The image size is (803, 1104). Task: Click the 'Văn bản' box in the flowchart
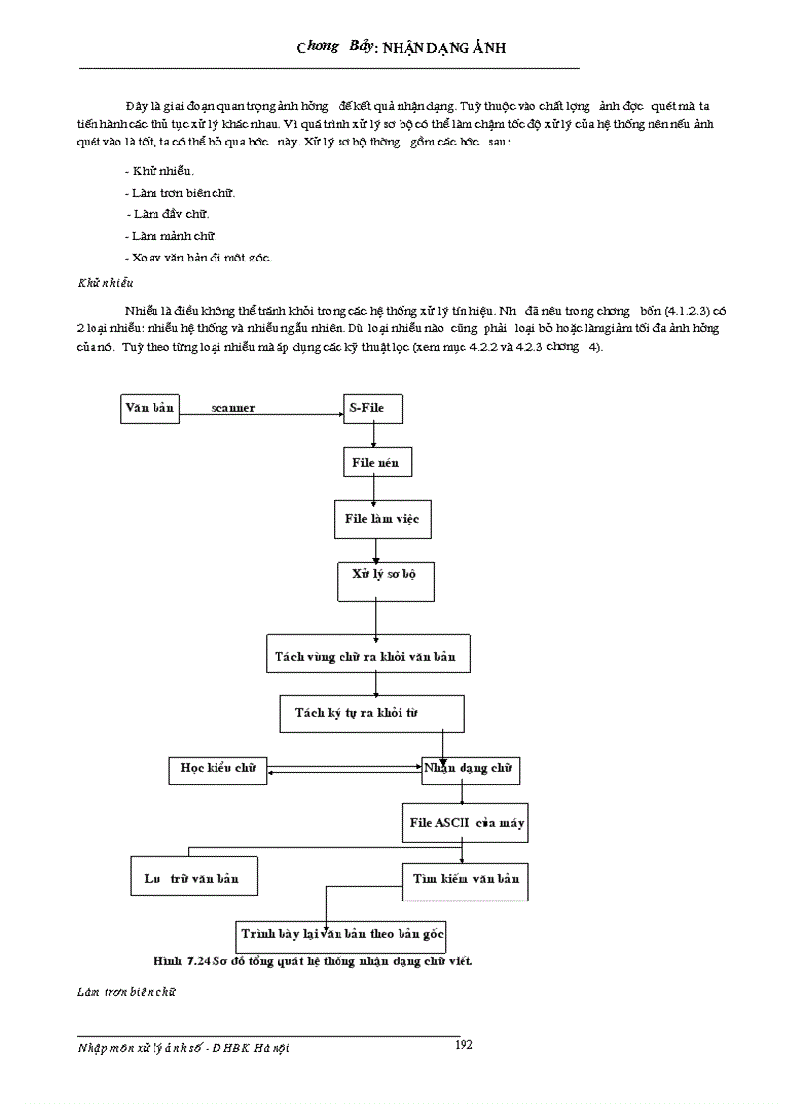[x=150, y=408]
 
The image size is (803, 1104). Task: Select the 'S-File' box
[x=372, y=408]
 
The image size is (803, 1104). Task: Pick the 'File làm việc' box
[x=382, y=519]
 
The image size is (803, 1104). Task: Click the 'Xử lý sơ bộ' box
[x=377, y=573]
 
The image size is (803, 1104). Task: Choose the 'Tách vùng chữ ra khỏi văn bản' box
[x=368, y=655]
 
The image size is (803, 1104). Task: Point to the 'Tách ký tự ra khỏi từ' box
[x=366, y=713]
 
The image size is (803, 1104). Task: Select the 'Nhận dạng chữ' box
[x=470, y=770]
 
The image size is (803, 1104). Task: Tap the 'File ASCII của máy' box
[x=464, y=823]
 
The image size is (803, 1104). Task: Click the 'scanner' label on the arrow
[x=232, y=408]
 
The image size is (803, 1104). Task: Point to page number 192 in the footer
[x=463, y=1045]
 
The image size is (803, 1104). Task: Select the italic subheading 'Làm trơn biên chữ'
[x=126, y=992]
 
